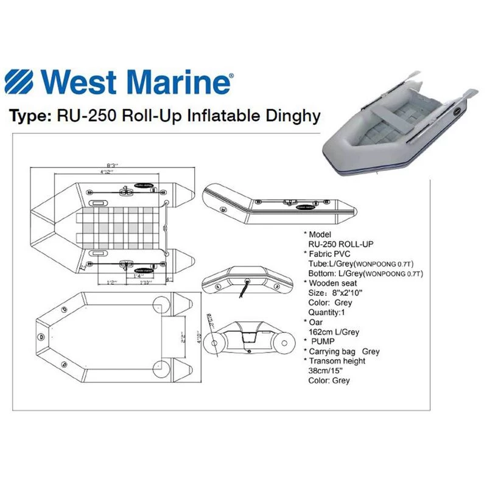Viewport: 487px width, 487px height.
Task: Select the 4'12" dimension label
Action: [x=110, y=172]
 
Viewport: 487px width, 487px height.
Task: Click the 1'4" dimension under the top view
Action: [x=138, y=276]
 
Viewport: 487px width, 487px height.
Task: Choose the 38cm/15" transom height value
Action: [x=329, y=371]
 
